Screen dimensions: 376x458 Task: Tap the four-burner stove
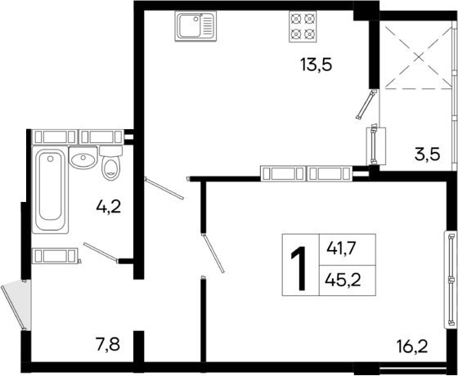(x=303, y=28)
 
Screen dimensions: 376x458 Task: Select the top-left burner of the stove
(x=295, y=21)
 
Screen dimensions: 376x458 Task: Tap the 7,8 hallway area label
(x=108, y=344)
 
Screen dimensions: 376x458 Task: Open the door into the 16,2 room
(x=214, y=254)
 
